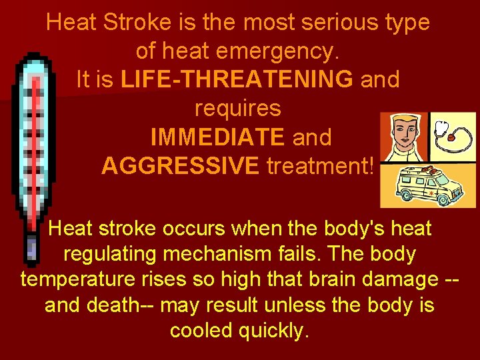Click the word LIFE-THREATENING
(x=237, y=79)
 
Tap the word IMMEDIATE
(x=217, y=137)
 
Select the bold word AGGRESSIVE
(x=180, y=166)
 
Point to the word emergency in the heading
(x=280, y=50)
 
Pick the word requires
(x=237, y=108)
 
